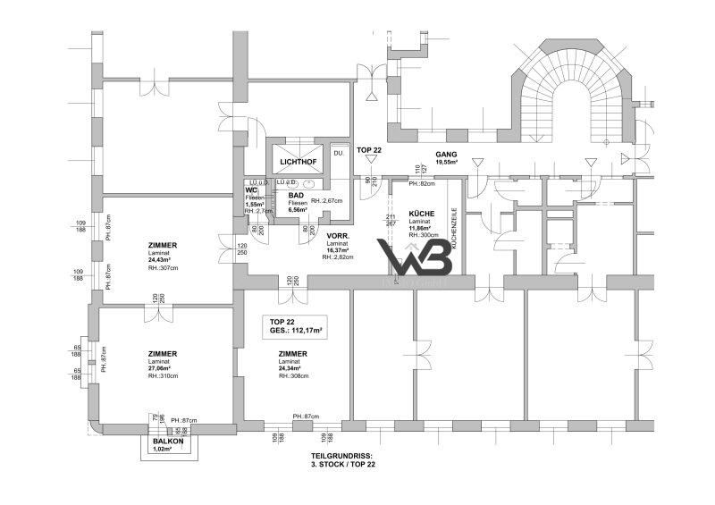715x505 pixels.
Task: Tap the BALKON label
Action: [168, 442]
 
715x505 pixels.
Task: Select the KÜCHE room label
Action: [421, 214]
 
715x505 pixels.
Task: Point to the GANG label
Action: [446, 156]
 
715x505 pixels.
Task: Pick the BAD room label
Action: [295, 195]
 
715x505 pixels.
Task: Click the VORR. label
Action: [336, 235]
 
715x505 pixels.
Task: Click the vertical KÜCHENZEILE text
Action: [455, 228]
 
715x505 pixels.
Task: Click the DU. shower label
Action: [339, 154]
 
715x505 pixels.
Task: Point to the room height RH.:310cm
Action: [164, 376]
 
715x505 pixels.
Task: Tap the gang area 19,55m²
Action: [446, 164]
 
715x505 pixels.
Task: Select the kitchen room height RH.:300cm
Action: [424, 236]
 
